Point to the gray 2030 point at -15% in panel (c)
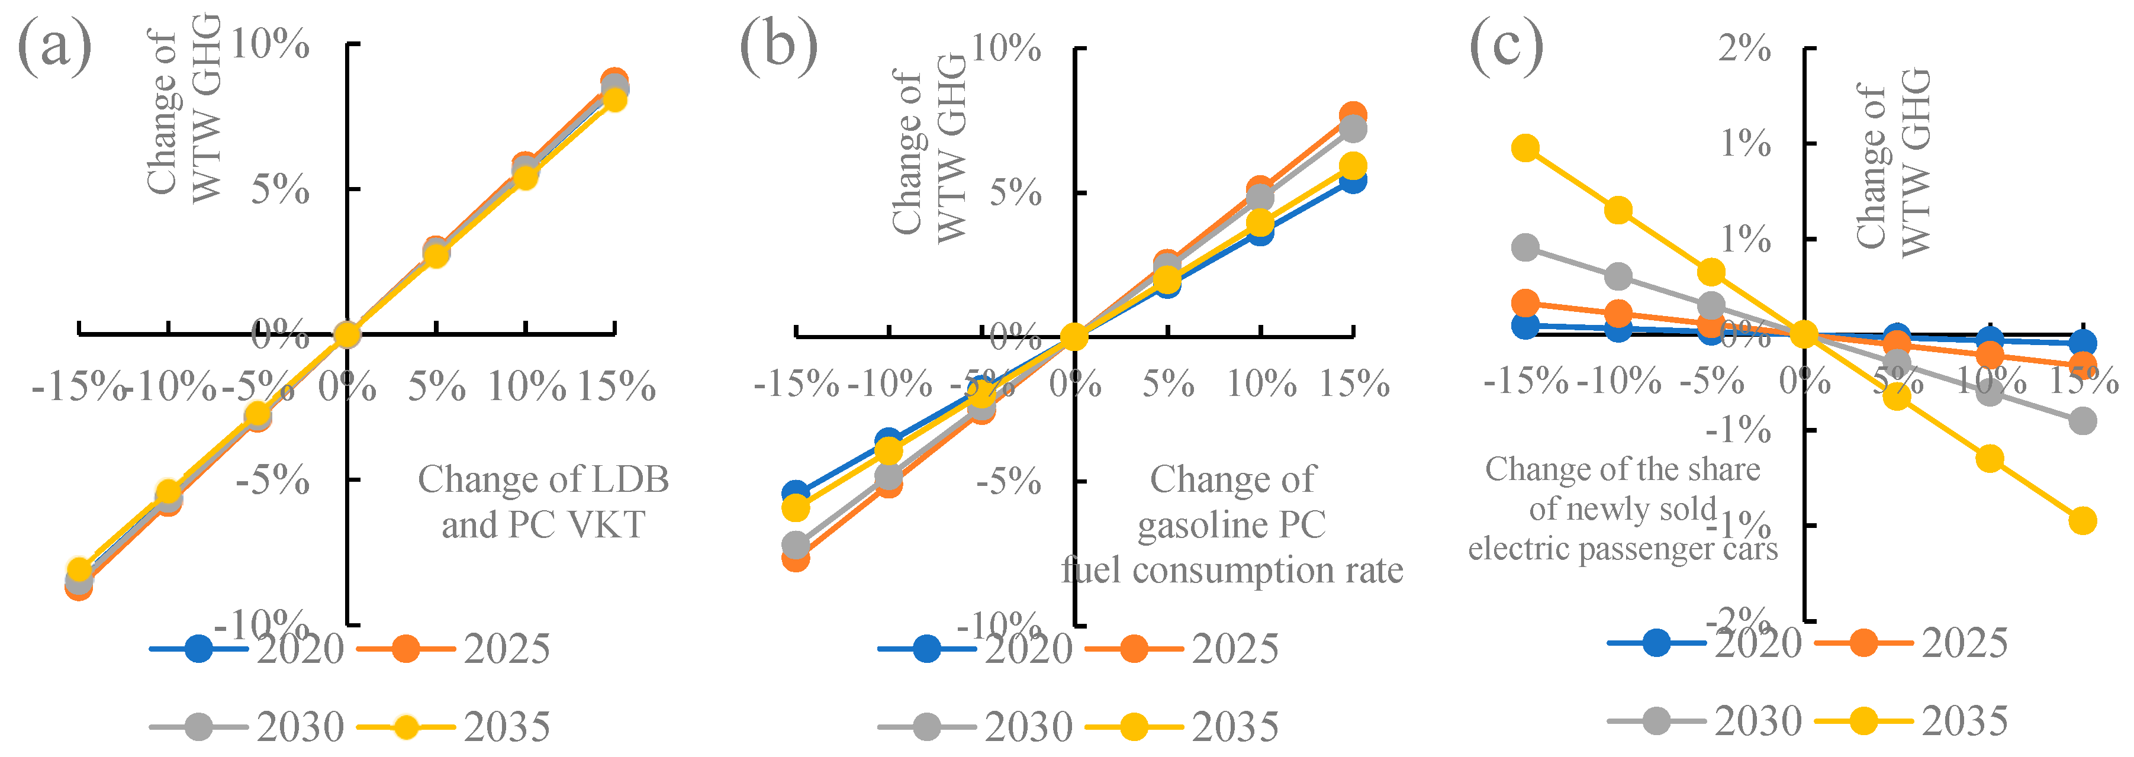(1525, 247)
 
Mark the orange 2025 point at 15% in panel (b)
(1353, 115)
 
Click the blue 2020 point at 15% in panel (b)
(1353, 180)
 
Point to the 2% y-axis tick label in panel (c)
(1744, 50)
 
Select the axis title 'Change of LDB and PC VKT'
(543, 502)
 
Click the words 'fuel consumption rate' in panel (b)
(1232, 571)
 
